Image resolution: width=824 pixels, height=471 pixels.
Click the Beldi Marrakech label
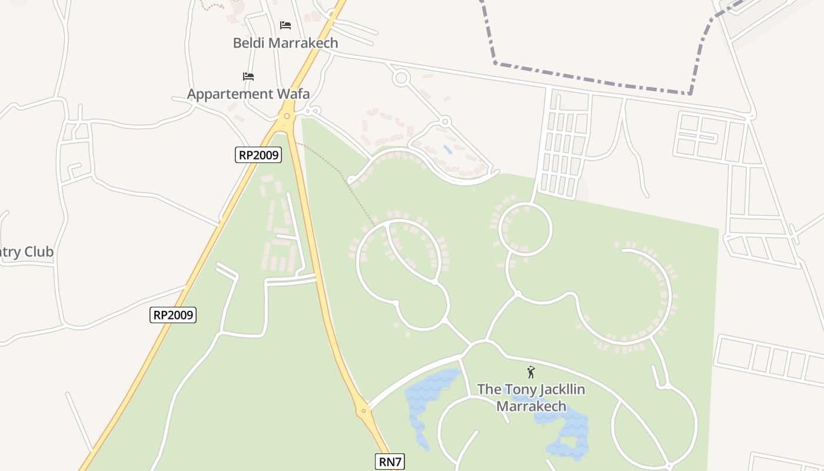(x=285, y=43)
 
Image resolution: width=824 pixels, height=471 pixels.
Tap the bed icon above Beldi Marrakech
(x=285, y=25)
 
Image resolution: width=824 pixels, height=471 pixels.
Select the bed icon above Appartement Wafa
(x=248, y=77)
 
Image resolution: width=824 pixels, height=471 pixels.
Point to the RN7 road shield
(x=390, y=462)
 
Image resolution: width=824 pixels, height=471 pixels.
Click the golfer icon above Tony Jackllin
(x=531, y=372)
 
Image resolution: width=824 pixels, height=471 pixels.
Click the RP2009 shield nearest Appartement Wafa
(x=258, y=155)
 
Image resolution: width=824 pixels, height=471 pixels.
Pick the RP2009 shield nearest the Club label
(x=172, y=315)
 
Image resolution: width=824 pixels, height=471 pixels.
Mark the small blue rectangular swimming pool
(x=448, y=150)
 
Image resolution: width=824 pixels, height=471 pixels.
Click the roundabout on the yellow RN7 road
(x=364, y=410)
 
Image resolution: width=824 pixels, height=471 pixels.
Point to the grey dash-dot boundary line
(x=589, y=79)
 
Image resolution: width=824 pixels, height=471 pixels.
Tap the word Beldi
(x=250, y=43)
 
